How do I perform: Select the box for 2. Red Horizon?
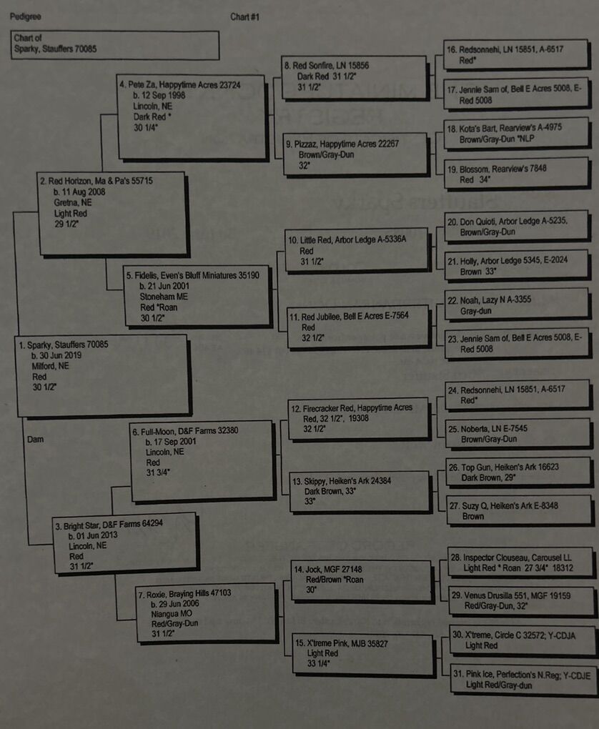[x=112, y=213]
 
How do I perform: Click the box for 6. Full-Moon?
[x=202, y=459]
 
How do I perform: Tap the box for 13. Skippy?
[x=360, y=491]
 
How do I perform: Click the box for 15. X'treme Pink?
[x=364, y=653]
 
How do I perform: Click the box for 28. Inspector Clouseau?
[x=520, y=562]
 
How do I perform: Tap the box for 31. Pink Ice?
[x=522, y=679]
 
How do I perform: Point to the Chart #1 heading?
[x=245, y=16]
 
